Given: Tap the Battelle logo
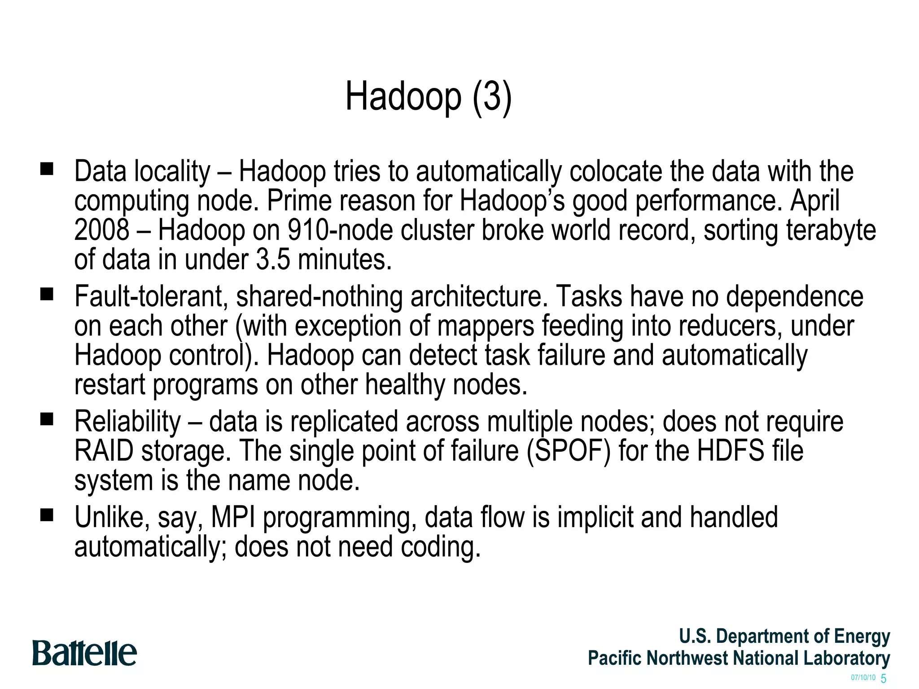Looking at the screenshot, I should [84, 653].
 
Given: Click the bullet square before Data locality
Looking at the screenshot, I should [47, 169].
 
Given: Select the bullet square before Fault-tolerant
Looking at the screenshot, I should [47, 294].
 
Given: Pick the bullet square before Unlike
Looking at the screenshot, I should [47, 515].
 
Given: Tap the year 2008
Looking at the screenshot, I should [102, 230].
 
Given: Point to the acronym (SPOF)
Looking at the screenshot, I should [569, 451].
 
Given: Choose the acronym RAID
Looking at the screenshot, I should [104, 451].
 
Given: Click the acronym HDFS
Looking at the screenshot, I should [731, 451].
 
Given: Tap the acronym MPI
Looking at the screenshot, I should [233, 517].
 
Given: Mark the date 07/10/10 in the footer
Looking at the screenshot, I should [863, 677].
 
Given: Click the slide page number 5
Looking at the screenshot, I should [884, 678].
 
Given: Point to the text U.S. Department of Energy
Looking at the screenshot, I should [784, 636].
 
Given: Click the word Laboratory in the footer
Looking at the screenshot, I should [846, 658].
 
